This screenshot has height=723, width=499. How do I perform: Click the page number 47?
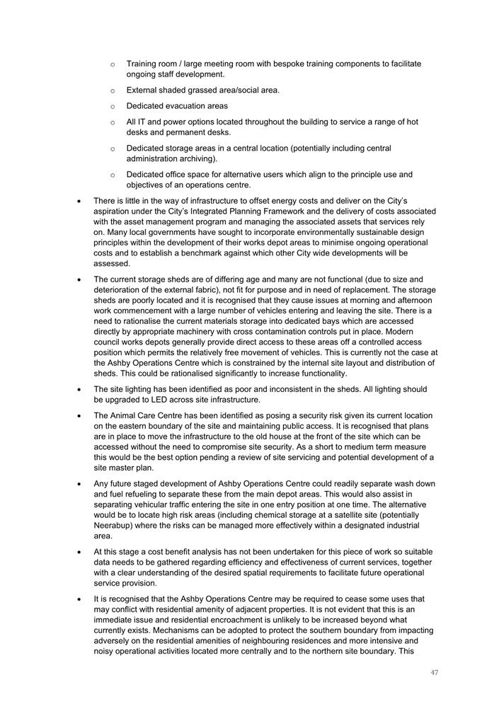(x=434, y=672)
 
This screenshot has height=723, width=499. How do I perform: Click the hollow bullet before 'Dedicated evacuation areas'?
(x=113, y=106)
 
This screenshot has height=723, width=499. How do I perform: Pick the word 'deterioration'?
(x=120, y=289)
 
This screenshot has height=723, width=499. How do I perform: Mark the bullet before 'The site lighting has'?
(x=80, y=389)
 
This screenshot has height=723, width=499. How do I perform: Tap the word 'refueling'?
(x=143, y=494)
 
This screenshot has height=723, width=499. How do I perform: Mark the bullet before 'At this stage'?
(x=80, y=552)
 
